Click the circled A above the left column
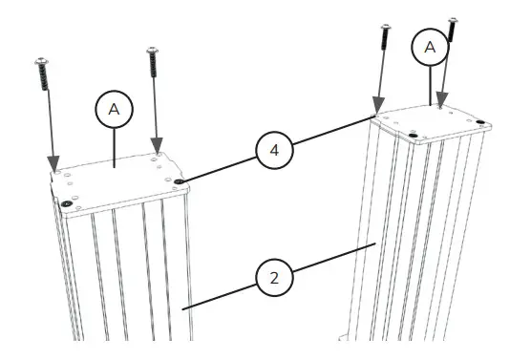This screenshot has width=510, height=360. tap(115, 111)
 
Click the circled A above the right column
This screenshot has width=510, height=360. tap(430, 45)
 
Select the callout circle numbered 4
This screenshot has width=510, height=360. tap(272, 149)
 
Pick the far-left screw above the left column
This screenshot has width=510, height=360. tap(43, 74)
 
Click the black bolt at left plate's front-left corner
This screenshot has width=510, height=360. tap(65, 203)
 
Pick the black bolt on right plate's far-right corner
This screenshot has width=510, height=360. tap(479, 120)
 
